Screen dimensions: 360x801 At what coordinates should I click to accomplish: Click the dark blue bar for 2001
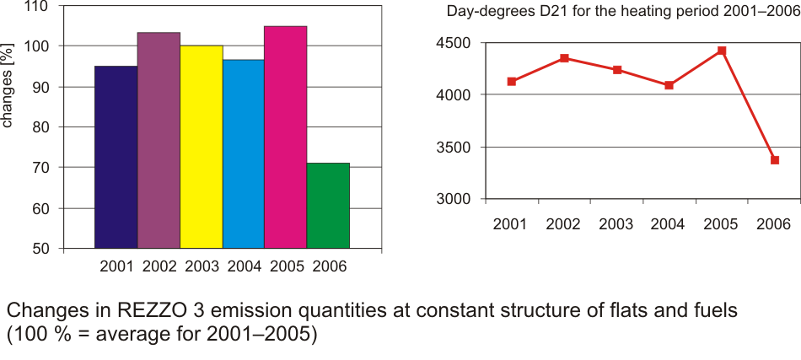tap(116, 157)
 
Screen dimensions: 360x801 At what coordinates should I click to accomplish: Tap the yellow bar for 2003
tap(201, 147)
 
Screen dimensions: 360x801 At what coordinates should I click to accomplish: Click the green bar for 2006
tap(328, 206)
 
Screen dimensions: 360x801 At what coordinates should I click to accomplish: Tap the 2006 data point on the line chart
tap(774, 159)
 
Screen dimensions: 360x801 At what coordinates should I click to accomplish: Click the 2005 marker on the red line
tap(722, 51)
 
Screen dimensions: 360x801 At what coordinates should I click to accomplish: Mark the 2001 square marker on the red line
tap(511, 81)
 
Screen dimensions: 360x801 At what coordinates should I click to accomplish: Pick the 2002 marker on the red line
tap(564, 58)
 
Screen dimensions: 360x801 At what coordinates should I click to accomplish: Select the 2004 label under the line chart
tap(669, 225)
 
